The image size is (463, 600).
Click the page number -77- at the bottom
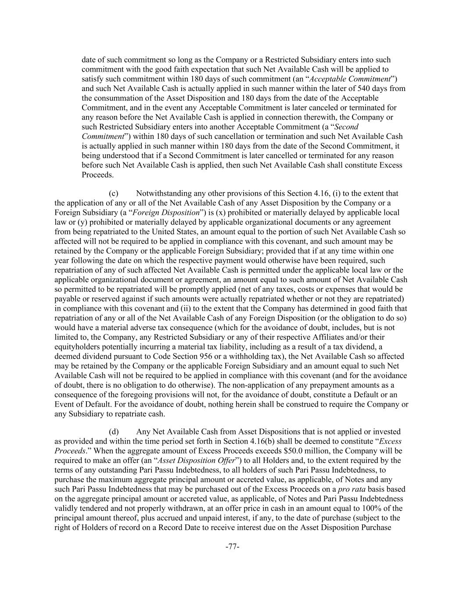point(232,547)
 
